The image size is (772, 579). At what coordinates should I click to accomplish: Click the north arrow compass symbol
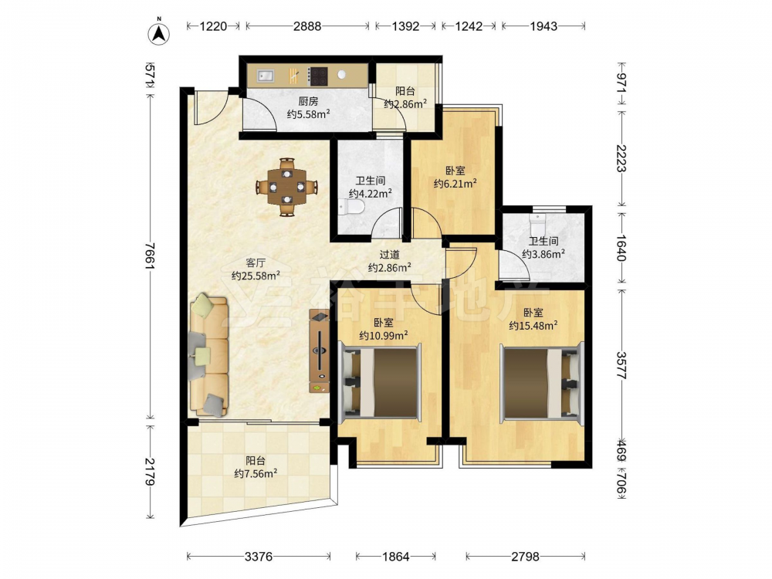point(159,32)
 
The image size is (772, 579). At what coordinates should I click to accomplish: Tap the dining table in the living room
point(287,187)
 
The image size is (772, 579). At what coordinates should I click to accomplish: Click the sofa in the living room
point(209,355)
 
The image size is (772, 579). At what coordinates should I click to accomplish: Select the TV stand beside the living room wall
point(320,350)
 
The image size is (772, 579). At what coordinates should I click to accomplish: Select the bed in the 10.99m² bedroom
point(380,382)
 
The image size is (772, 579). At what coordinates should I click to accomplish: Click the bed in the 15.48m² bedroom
point(540,383)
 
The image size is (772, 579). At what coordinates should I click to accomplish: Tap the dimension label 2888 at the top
point(307,25)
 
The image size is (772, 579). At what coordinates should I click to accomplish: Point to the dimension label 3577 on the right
point(621,365)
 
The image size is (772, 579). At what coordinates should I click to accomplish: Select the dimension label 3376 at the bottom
point(259,557)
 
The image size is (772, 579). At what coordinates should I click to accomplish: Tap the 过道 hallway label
point(389,255)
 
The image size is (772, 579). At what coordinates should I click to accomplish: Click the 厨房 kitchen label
point(308,101)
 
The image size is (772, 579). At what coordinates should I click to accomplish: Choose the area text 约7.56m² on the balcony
point(256,473)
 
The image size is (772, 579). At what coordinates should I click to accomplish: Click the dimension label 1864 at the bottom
point(396,557)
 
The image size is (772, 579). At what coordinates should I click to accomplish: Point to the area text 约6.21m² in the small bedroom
point(455,184)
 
